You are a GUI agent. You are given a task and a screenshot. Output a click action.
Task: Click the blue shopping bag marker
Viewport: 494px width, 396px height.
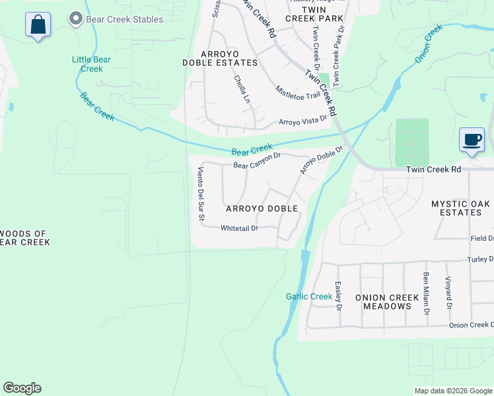click(38, 25)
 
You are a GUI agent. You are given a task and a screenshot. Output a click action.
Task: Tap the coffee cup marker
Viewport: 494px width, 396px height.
click(472, 140)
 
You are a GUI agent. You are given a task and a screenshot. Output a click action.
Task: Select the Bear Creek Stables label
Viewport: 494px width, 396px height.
click(124, 19)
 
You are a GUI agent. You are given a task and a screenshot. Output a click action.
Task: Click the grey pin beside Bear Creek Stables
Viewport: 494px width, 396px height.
click(76, 19)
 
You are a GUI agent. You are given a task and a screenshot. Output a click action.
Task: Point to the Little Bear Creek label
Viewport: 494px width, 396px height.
click(91, 64)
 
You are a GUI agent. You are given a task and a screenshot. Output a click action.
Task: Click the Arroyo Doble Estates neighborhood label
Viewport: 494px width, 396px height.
click(220, 57)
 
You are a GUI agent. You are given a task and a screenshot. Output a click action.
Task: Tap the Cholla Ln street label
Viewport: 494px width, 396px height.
click(242, 89)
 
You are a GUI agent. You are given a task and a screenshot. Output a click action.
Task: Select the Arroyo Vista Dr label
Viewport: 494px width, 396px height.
click(303, 121)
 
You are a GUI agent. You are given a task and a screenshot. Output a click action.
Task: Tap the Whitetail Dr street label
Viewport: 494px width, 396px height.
click(238, 228)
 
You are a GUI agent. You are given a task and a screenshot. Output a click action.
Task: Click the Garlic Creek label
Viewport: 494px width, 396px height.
click(309, 296)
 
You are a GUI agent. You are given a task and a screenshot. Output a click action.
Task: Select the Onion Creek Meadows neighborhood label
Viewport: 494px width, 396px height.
click(387, 302)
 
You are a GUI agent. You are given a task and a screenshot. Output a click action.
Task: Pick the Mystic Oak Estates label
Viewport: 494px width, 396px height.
click(461, 209)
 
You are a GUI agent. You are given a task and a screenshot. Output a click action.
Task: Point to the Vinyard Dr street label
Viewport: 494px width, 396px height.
click(448, 293)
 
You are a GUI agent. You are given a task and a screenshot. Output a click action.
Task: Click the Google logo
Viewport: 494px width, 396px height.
click(22, 388)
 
